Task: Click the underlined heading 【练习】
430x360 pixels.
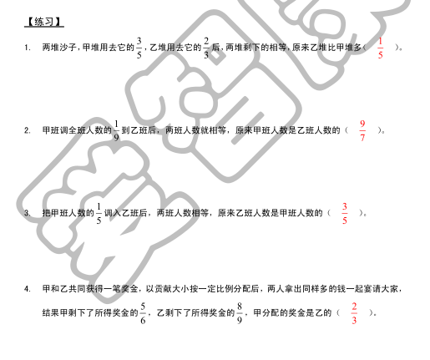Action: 44,22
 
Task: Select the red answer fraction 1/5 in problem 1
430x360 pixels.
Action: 380,48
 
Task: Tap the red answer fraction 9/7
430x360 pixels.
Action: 362,130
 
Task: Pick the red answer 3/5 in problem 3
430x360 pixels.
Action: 345,214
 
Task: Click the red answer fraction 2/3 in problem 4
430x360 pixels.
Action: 354,313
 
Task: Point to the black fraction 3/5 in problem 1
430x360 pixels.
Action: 139,48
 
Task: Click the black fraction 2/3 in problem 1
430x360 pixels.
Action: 206,48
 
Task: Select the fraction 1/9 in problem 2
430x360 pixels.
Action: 116,130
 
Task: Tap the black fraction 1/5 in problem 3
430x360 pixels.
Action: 99,214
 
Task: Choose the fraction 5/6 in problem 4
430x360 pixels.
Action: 143,313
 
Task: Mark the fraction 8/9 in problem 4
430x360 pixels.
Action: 240,313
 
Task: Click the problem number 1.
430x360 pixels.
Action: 27,48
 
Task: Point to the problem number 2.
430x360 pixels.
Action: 27,130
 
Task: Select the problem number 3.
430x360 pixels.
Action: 27,213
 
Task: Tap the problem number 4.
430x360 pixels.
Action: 27,289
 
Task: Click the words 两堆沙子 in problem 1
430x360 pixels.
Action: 59,48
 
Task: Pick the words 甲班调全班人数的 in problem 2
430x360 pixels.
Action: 77,130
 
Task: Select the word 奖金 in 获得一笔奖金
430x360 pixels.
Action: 129,289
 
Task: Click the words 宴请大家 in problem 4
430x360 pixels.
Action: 381,289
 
